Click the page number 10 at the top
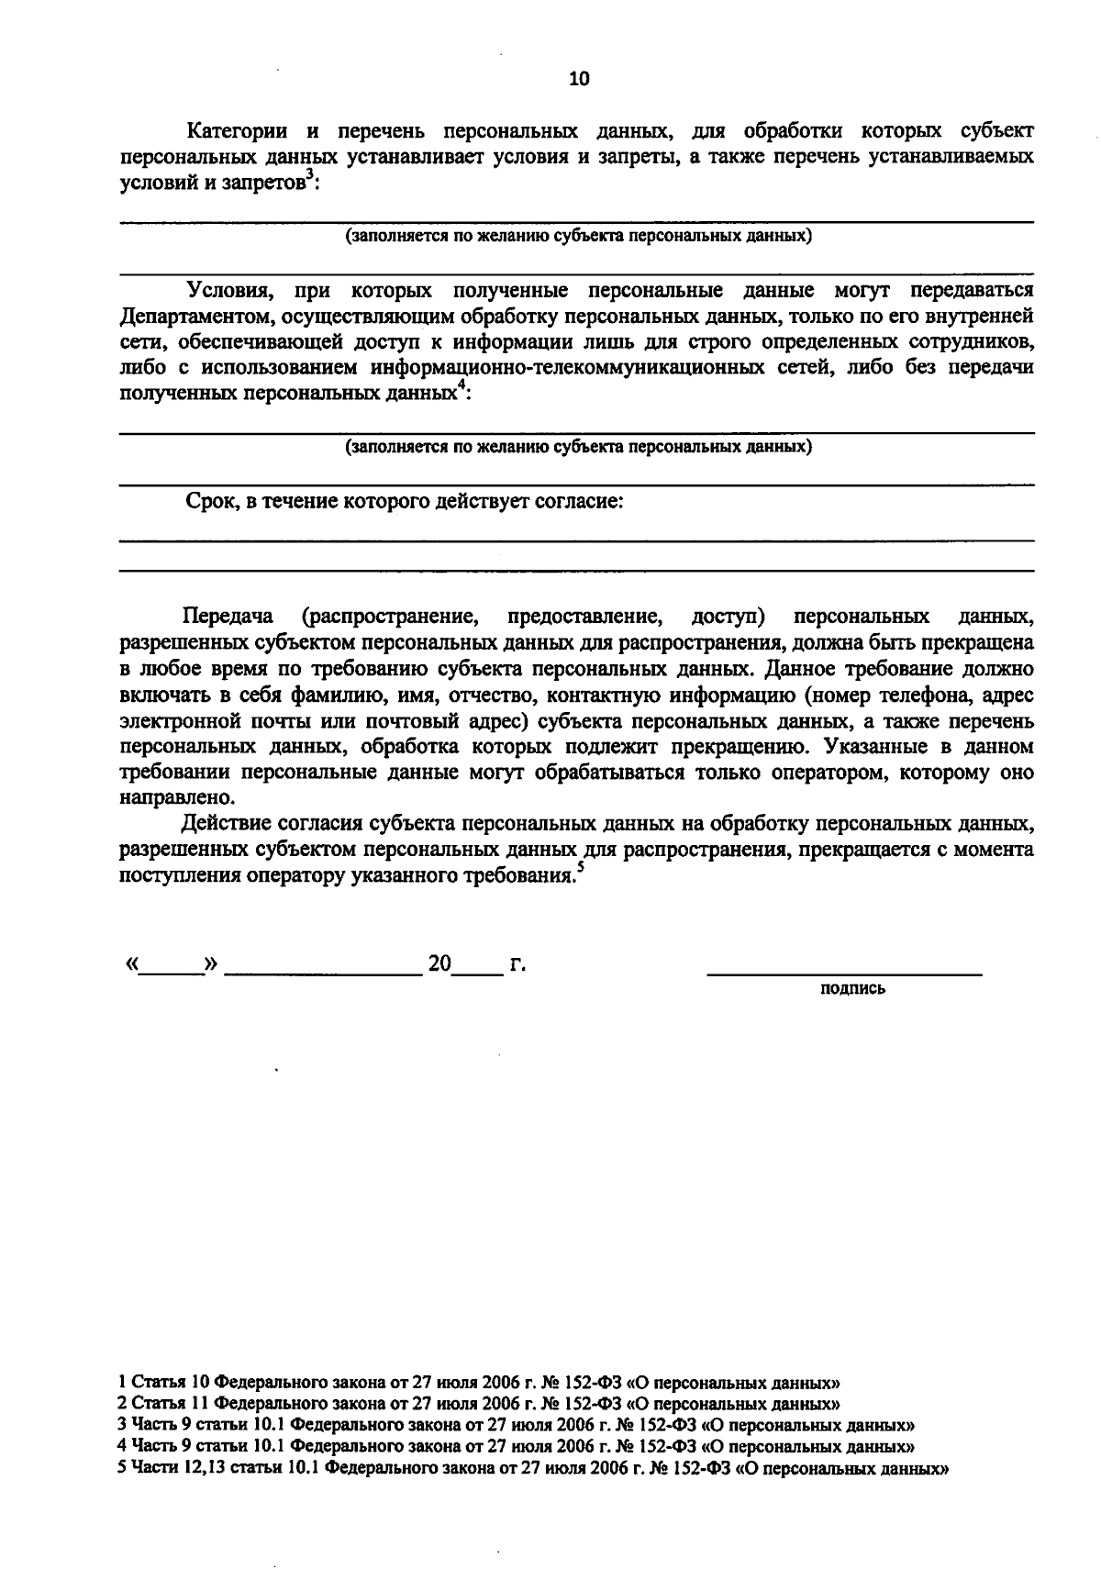[579, 79]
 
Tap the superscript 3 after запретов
[309, 176]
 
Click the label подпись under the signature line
[852, 988]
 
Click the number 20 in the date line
[439, 964]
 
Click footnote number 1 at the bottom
[124, 1381]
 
